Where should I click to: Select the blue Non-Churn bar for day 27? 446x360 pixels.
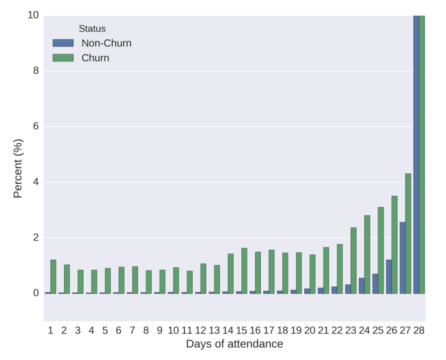click(402, 257)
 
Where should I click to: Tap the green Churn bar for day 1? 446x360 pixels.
click(53, 277)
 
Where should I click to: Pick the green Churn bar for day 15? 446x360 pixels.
click(244, 271)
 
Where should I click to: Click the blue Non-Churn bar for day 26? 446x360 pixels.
click(389, 277)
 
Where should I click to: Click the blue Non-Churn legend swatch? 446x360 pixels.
click(63, 43)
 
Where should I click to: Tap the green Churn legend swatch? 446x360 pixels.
click(63, 58)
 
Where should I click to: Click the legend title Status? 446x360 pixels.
click(92, 29)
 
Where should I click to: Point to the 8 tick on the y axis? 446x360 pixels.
click(36, 71)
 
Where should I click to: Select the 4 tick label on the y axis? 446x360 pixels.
click(36, 182)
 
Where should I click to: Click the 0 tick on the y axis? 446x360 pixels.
click(36, 293)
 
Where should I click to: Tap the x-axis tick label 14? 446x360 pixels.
click(228, 330)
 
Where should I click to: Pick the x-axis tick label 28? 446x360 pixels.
click(419, 330)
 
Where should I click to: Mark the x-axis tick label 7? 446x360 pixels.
click(132, 330)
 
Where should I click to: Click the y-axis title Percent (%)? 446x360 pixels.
click(17, 168)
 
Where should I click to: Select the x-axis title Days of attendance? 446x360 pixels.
click(235, 344)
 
